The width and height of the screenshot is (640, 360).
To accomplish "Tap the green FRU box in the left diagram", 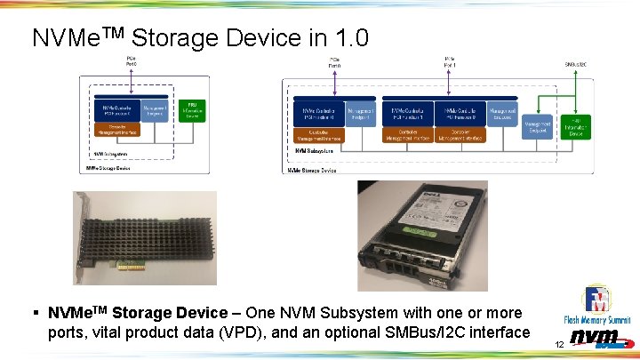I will tap(192, 109).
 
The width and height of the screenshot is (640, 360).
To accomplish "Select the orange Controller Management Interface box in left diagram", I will tap(116, 131).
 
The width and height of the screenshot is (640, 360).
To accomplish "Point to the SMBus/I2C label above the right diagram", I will tap(576, 64).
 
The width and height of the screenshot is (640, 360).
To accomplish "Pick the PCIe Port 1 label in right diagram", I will tap(450, 62).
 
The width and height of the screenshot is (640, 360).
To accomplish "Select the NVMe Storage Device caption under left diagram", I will tap(108, 167).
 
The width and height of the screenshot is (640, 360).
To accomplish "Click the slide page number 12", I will tap(559, 343).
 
